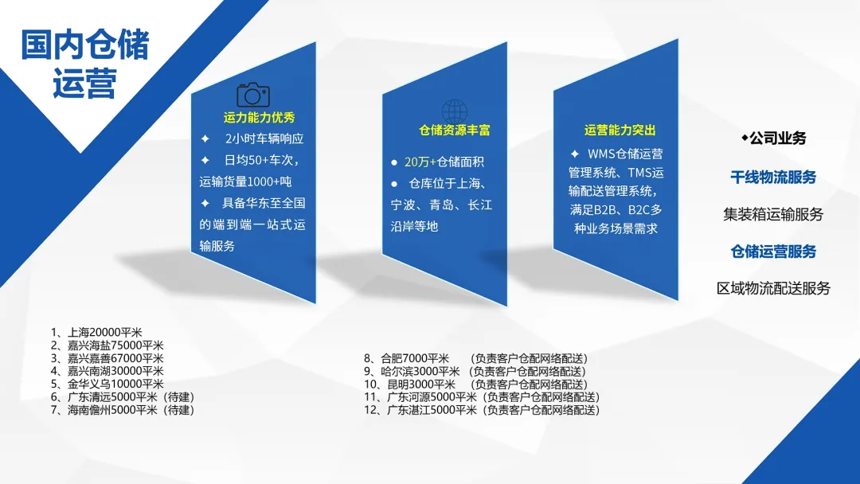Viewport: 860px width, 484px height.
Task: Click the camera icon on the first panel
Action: click(x=253, y=95)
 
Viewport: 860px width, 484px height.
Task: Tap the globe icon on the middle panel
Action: click(x=455, y=111)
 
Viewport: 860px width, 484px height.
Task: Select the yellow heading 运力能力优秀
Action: click(x=260, y=117)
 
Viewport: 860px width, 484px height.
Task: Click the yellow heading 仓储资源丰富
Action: click(x=455, y=131)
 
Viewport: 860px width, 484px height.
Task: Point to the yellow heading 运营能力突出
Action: click(x=620, y=131)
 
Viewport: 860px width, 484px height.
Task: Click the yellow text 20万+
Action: click(x=420, y=162)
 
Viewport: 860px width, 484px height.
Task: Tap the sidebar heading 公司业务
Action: click(x=778, y=139)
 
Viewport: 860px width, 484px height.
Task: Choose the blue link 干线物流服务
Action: click(x=773, y=177)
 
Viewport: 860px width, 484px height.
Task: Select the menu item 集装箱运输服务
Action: click(x=773, y=214)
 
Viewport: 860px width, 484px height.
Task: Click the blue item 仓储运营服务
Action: click(x=773, y=252)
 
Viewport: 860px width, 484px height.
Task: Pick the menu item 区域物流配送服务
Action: click(x=773, y=288)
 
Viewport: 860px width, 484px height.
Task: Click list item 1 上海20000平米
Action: click(x=96, y=332)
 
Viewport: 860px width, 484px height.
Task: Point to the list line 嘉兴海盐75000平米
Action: click(x=107, y=345)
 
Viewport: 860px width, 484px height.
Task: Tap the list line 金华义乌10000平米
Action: click(x=107, y=384)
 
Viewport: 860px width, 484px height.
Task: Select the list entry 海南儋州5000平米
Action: click(x=123, y=409)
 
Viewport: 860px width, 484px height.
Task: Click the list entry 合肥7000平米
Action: click(x=406, y=358)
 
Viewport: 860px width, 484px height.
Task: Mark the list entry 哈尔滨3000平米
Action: click(x=412, y=371)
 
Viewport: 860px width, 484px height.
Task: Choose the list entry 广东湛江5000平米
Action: click(x=420, y=409)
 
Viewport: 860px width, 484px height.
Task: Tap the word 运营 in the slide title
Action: click(x=85, y=84)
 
